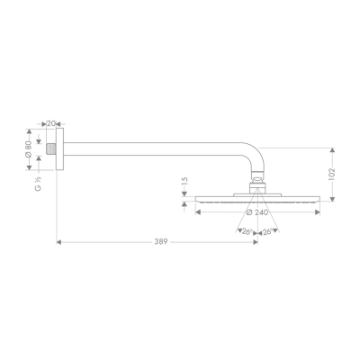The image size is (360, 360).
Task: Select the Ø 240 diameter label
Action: pyautogui.click(x=256, y=213)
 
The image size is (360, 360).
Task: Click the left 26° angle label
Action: pyautogui.click(x=246, y=231)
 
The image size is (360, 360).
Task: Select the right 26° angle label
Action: pyautogui.click(x=267, y=231)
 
